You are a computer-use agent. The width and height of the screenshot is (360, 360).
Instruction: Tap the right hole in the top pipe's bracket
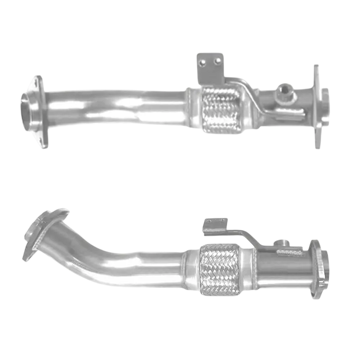[x=217, y=62]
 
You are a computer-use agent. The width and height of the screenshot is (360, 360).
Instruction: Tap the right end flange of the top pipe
[x=319, y=106]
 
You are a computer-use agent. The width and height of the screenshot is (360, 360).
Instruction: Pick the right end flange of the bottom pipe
[x=318, y=269]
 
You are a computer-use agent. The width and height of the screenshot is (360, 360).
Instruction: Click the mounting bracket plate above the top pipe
[x=209, y=68]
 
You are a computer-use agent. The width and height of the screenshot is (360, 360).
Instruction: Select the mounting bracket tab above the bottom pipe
[x=215, y=225]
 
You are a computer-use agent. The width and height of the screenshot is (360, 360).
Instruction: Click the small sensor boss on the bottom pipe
[x=285, y=242]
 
